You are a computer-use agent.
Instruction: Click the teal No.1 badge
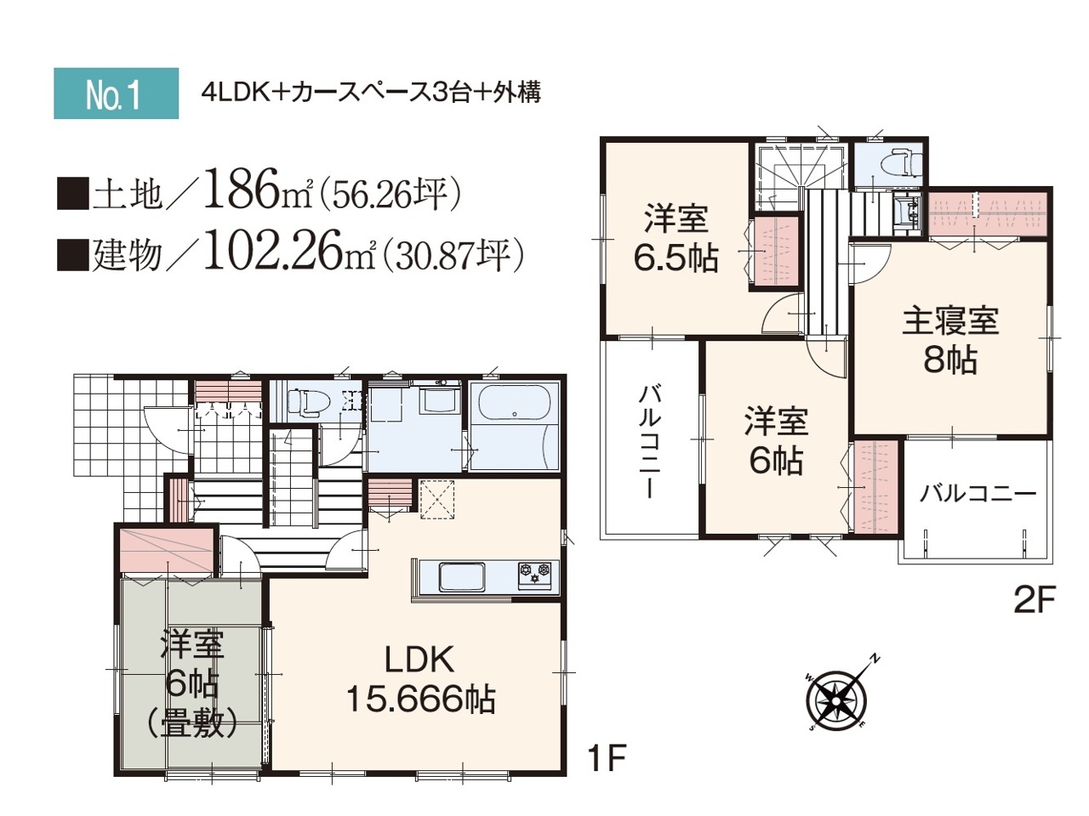click(x=116, y=93)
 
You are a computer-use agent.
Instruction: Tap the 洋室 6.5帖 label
click(x=676, y=238)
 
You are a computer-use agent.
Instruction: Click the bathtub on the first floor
click(x=515, y=402)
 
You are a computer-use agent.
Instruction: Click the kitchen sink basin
click(x=462, y=576)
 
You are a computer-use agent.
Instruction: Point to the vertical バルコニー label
click(x=649, y=443)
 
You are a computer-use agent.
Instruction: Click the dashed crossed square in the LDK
click(x=437, y=500)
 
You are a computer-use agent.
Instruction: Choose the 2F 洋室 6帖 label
click(x=776, y=441)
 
